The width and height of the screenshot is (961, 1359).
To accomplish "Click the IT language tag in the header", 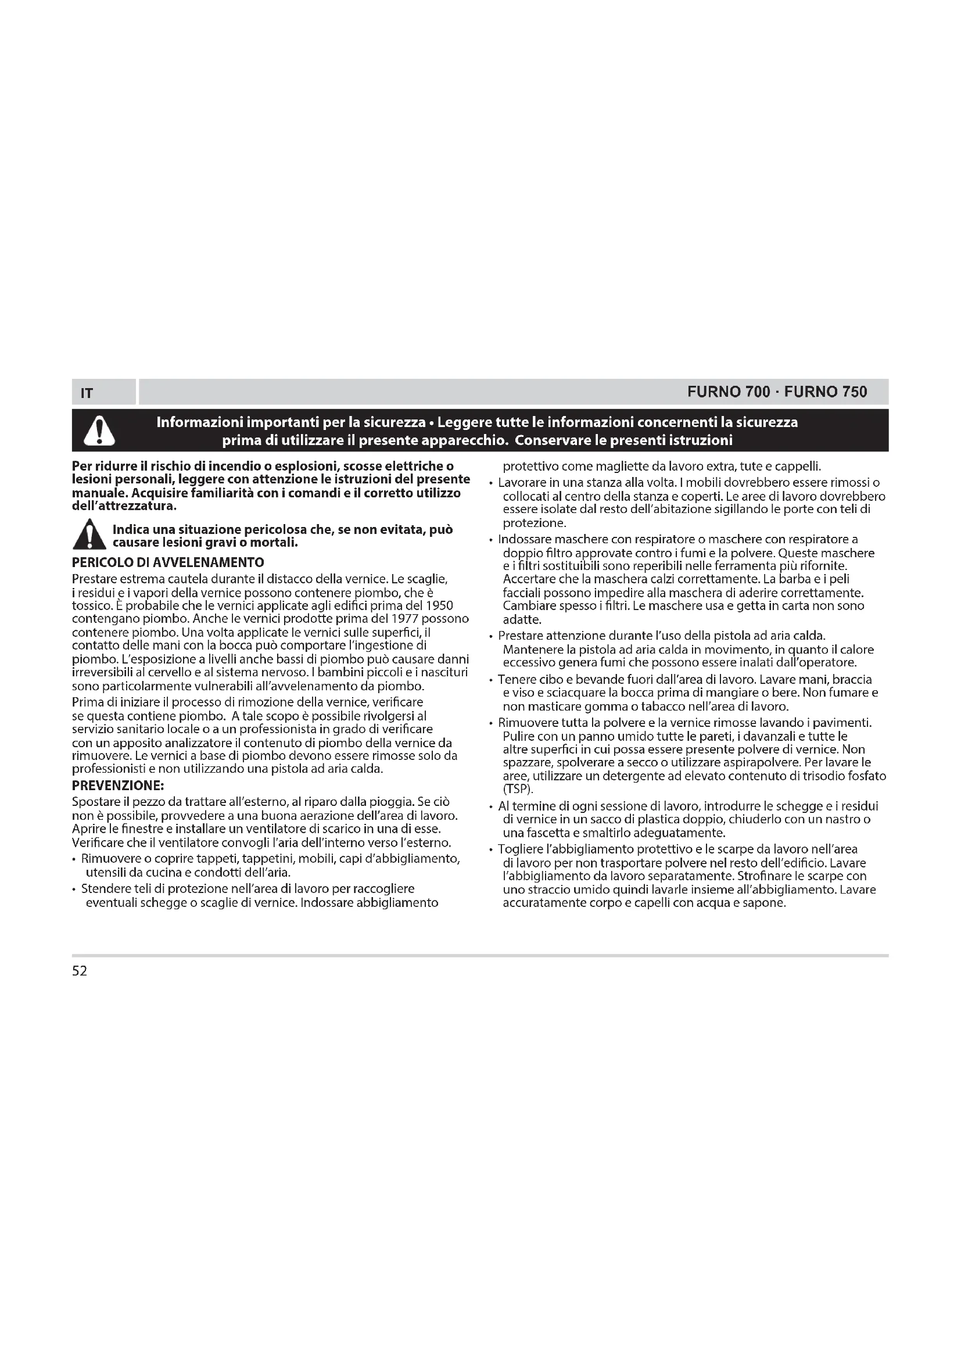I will click(x=87, y=393).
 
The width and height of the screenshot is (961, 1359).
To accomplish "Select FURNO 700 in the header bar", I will click(x=729, y=392).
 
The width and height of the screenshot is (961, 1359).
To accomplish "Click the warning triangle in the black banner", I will click(x=99, y=431).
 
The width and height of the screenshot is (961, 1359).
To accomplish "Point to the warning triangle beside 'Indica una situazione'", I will click(x=89, y=535).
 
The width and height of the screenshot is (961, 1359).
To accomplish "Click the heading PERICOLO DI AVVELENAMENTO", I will click(x=168, y=562).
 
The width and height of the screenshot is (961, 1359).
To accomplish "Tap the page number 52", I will click(x=79, y=971).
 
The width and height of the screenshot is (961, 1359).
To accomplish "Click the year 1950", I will click(x=440, y=605).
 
